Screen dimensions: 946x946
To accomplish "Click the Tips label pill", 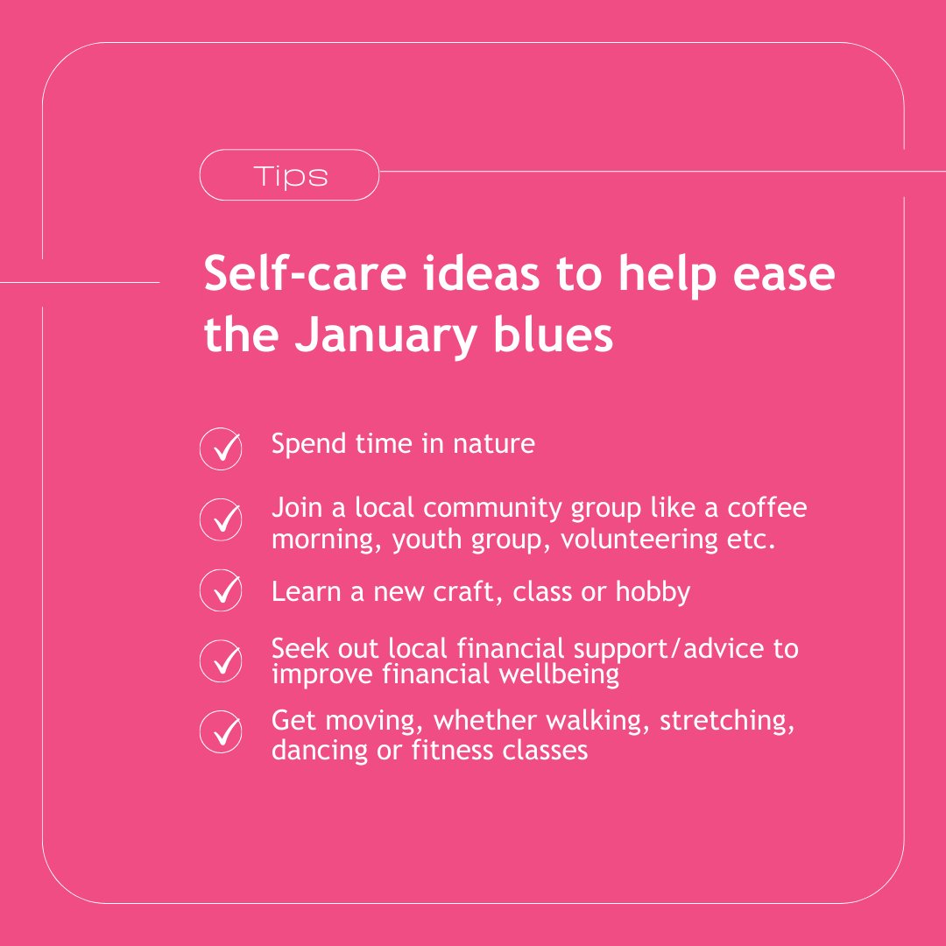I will (289, 176).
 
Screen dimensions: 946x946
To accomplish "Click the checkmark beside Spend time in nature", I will (221, 449).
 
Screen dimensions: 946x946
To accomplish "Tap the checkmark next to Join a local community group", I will (221, 520).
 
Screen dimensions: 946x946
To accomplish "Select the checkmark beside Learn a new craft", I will (221, 590).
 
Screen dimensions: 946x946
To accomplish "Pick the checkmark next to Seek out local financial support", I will (221, 660).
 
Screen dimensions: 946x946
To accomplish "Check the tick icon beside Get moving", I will (221, 732).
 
